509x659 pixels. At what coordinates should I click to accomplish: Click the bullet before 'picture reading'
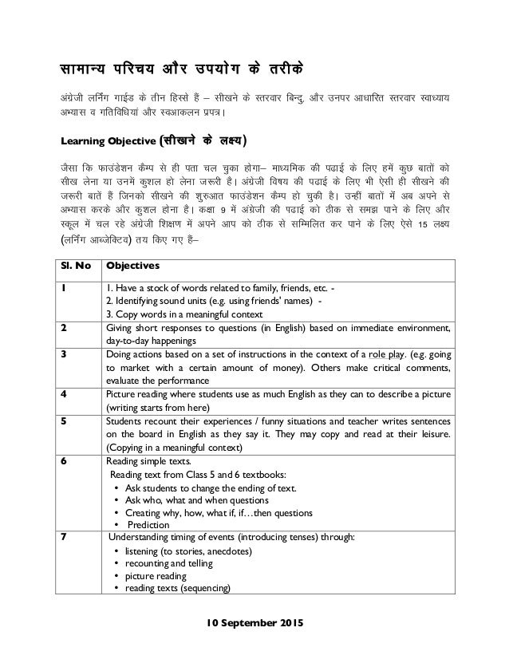point(118,577)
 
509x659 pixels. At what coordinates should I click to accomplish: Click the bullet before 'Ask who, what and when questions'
point(118,499)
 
